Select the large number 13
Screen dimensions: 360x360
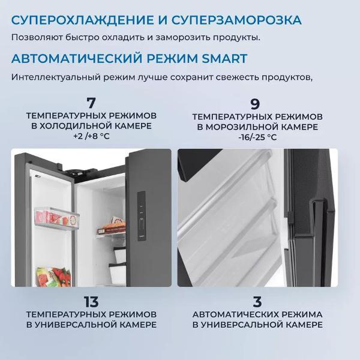coord(91,302)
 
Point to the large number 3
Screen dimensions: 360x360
coord(257,302)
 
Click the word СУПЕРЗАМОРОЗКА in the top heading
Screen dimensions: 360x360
coord(236,20)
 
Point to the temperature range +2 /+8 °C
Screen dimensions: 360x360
coord(91,137)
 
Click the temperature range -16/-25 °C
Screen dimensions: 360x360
coord(257,137)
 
